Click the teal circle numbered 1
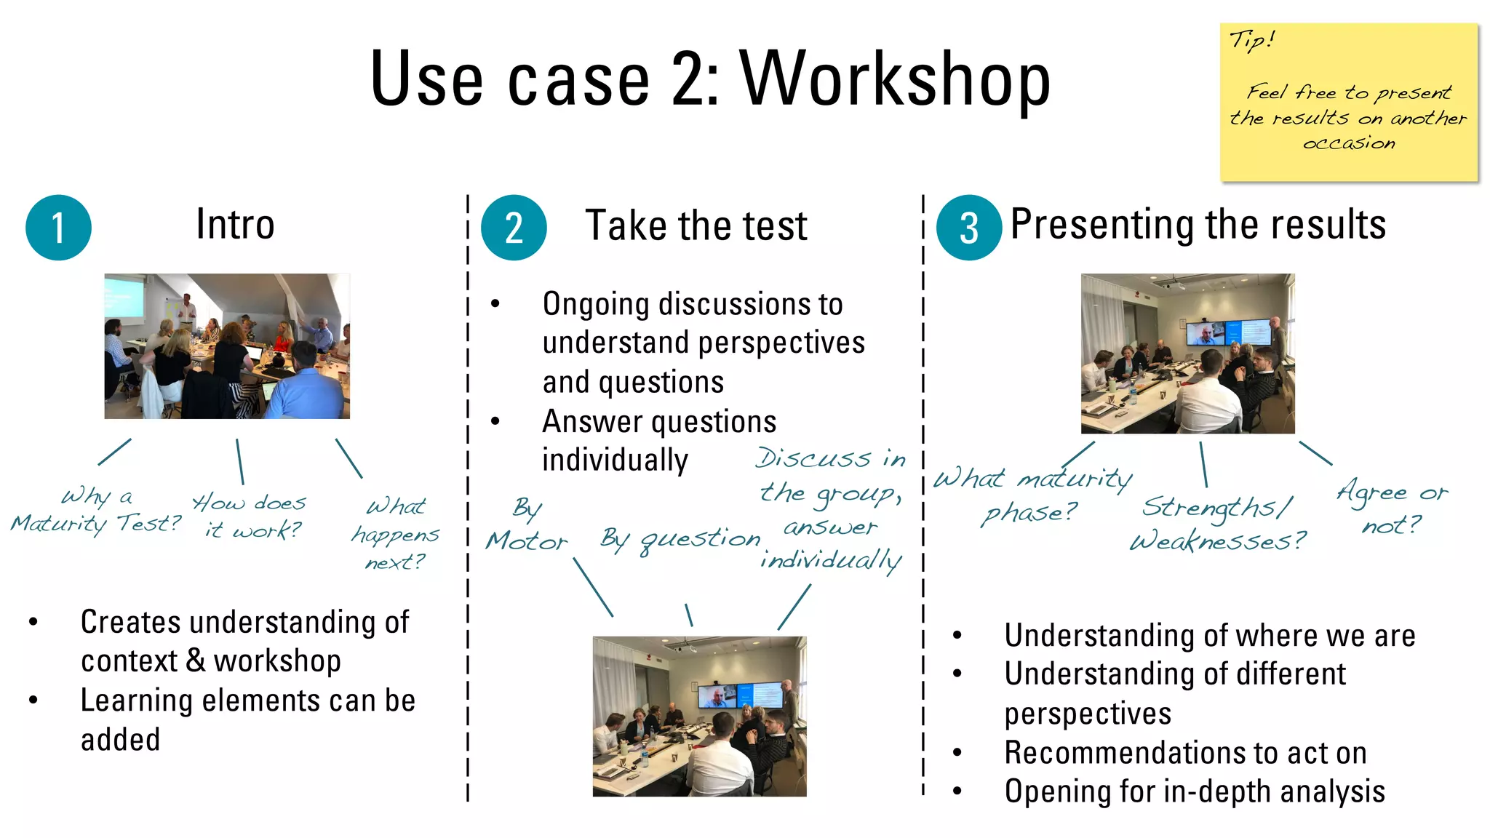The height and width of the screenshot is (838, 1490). point(58,228)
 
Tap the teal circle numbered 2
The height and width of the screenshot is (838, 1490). point(514,228)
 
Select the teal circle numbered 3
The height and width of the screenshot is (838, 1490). point(969,228)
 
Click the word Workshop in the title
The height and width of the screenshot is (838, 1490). point(895,79)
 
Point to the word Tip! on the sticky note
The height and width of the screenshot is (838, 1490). point(1251,40)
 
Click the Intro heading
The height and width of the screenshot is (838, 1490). point(235,224)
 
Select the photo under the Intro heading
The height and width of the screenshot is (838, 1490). point(227,346)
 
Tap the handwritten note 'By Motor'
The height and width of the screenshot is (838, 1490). point(527,525)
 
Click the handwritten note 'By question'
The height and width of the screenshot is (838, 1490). point(680,540)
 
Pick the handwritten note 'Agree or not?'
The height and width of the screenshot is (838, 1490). point(1392,507)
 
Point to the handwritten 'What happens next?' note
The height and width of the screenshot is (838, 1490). point(395,534)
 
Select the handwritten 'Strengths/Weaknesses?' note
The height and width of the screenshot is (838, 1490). point(1218,524)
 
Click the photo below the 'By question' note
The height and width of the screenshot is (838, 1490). point(699,717)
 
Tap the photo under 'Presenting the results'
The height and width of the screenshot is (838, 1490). point(1187,354)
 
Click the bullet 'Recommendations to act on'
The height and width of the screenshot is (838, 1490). point(1185,753)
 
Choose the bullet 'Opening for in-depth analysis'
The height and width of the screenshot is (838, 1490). point(1195,791)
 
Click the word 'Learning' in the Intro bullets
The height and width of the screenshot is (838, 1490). point(135,701)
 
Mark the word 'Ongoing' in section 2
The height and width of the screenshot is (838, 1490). point(596,304)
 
